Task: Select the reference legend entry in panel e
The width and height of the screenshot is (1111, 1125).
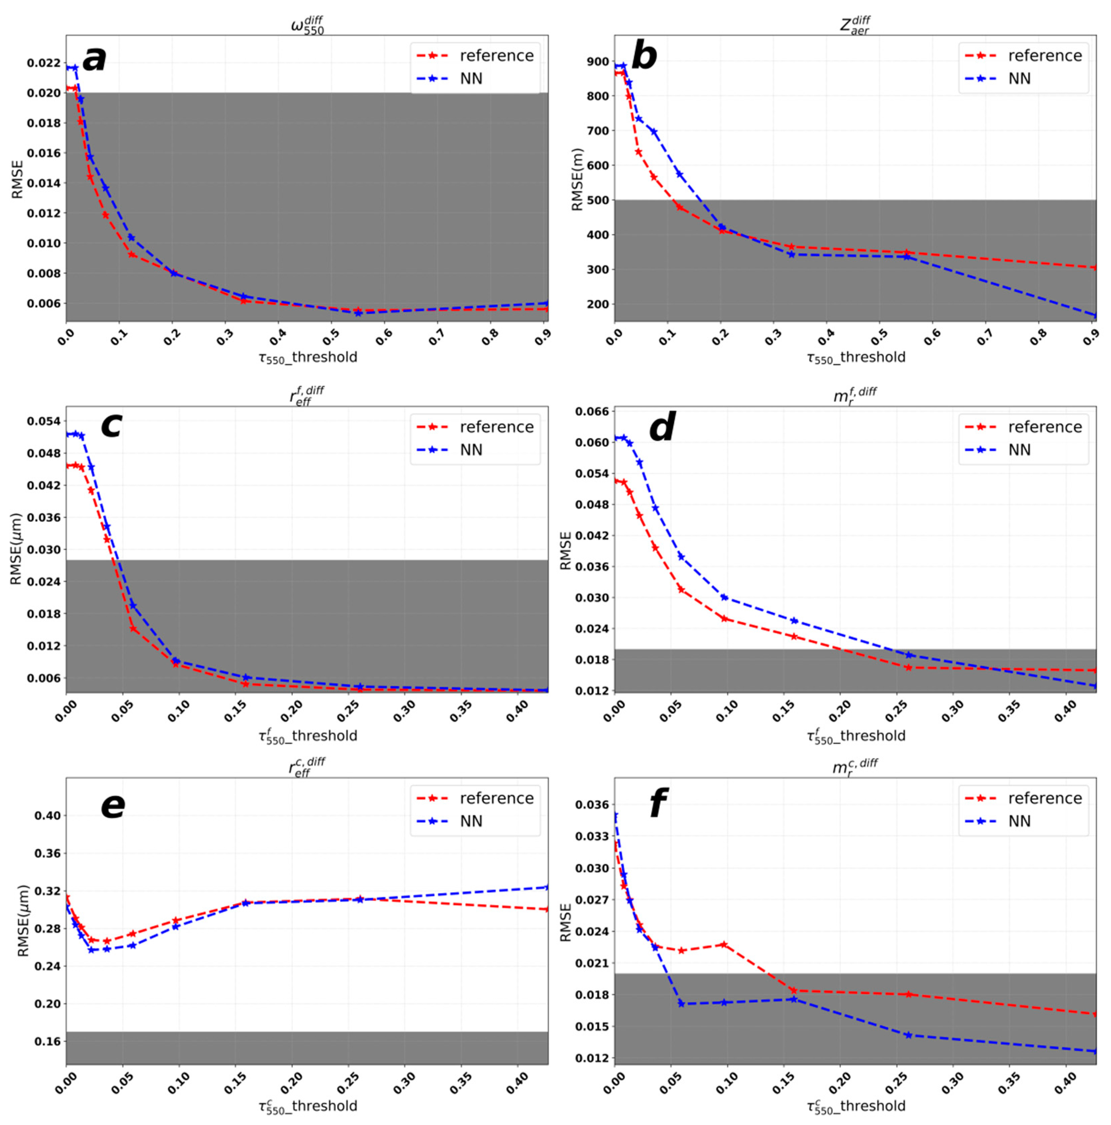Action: pos(496,798)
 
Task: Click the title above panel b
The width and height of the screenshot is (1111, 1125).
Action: pos(855,25)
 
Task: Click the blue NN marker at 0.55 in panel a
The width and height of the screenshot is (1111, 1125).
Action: pos(358,313)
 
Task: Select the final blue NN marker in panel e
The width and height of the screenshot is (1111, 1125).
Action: pos(547,887)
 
